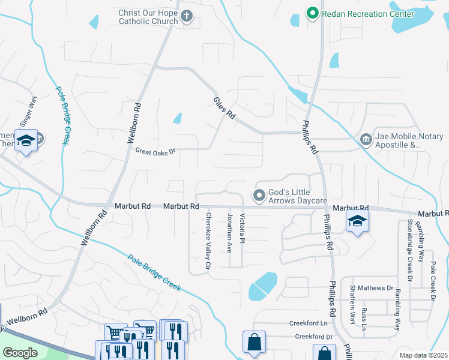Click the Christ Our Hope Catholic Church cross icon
point(187,17)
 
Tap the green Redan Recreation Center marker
point(312,13)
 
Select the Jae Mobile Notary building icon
point(366,140)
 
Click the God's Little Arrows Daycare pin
point(259,196)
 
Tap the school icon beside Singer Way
point(26,141)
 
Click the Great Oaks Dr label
point(155,151)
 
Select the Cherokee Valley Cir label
point(208,240)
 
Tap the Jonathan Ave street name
point(229,232)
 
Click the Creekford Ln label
point(310,323)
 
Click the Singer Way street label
point(28,110)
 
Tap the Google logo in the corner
point(20,353)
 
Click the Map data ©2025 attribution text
point(423,355)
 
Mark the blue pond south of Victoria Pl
point(263,286)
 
